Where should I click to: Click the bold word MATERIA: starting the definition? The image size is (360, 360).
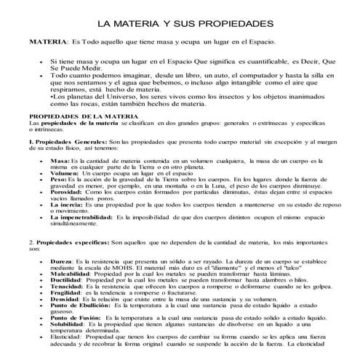48,42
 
